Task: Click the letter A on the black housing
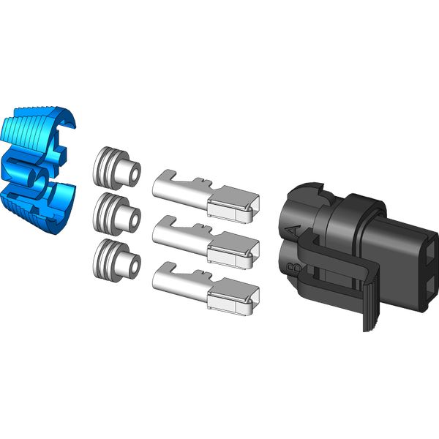pyautogui.click(x=294, y=232)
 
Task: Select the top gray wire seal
pyautogui.click(x=116, y=167)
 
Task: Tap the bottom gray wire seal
pyautogui.click(x=115, y=257)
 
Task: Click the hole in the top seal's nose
pyautogui.click(x=132, y=174)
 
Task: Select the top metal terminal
pyautogui.click(x=205, y=194)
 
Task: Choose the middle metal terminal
pyautogui.click(x=205, y=239)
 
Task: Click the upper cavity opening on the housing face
pyautogui.click(x=427, y=248)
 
